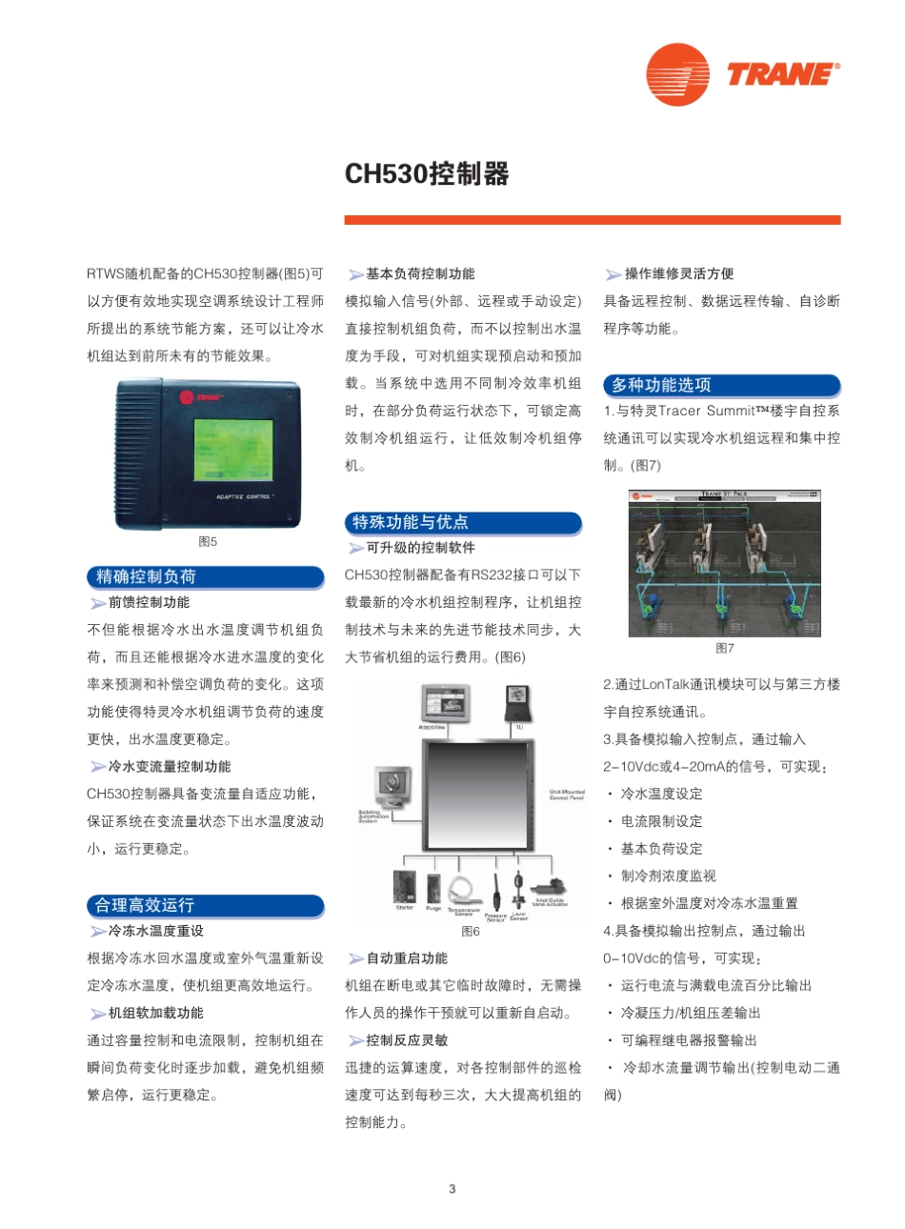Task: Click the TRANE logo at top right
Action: click(x=743, y=73)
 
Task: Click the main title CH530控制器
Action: click(x=427, y=174)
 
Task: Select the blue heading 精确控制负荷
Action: click(x=146, y=576)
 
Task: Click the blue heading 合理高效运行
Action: click(x=144, y=905)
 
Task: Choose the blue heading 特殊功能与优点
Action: click(x=410, y=522)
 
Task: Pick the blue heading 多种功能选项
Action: click(x=661, y=385)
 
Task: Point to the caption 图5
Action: click(x=208, y=542)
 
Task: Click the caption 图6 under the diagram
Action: click(x=471, y=932)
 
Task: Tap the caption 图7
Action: click(x=725, y=649)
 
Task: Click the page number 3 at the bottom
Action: click(x=452, y=1188)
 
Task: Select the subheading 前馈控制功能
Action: click(x=149, y=602)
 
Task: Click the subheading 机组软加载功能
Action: click(x=155, y=1013)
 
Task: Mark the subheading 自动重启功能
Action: click(x=407, y=958)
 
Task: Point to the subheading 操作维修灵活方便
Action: click(x=679, y=273)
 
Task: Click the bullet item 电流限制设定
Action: click(x=661, y=821)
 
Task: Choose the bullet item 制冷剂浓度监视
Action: click(x=668, y=876)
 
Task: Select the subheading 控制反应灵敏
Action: click(x=407, y=1040)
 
